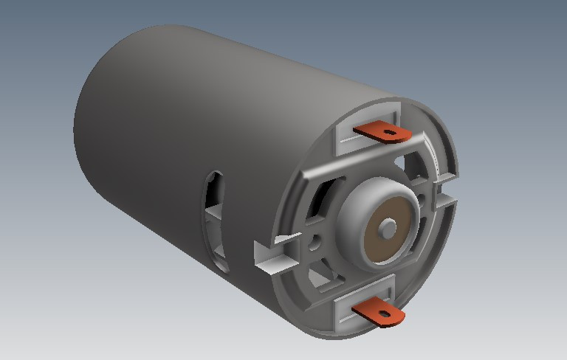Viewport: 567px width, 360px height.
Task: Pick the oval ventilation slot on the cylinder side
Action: pyautogui.click(x=215, y=218)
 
